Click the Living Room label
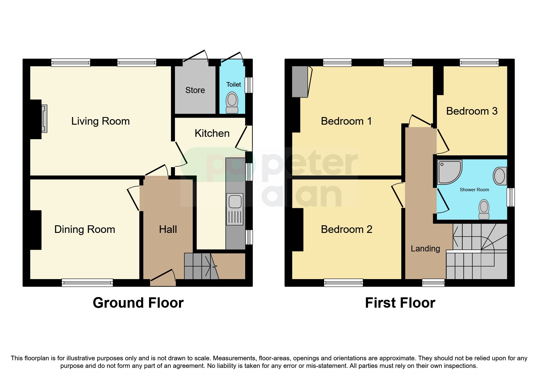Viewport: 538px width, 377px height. tap(100, 121)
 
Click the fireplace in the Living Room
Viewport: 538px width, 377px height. tap(44, 119)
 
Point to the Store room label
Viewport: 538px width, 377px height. tap(195, 90)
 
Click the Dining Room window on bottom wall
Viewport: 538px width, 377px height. tap(87, 283)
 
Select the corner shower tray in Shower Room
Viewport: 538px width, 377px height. tap(449, 172)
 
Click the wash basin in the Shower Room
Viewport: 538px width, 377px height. tap(500, 176)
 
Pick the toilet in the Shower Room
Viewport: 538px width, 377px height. tap(484, 209)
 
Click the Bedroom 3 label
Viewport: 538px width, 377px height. tap(471, 111)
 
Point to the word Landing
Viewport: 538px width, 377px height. tap(425, 249)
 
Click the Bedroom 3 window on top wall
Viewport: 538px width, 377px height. tap(479, 63)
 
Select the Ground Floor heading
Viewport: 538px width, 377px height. tap(138, 303)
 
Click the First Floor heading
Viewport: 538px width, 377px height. tap(400, 303)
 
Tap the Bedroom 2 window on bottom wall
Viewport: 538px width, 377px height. tap(343, 283)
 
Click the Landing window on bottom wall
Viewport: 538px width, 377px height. tap(433, 283)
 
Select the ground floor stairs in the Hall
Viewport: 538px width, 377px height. tap(197, 266)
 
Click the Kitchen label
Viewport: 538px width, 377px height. tap(212, 133)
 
